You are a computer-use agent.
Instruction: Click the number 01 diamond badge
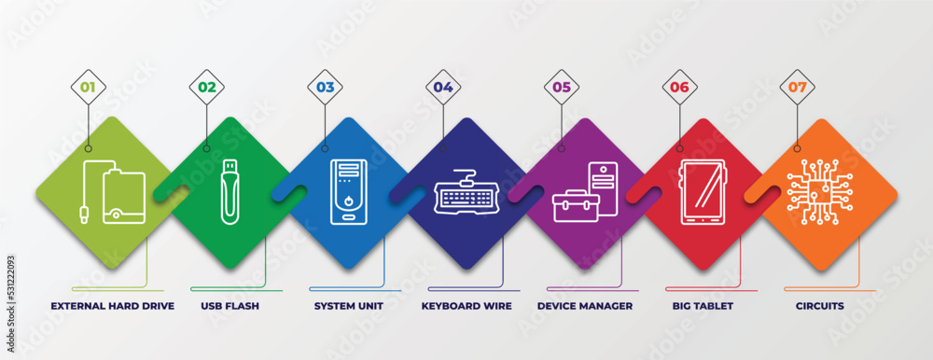pyautogui.click(x=89, y=88)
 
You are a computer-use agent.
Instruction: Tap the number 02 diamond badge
pyautogui.click(x=206, y=88)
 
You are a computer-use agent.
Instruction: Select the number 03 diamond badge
pyautogui.click(x=325, y=88)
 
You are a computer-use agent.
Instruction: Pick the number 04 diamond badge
pyautogui.click(x=443, y=88)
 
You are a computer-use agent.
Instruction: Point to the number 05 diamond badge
pyautogui.click(x=562, y=88)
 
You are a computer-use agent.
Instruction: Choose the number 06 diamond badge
pyautogui.click(x=679, y=88)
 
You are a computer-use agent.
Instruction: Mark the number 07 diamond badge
pyautogui.click(x=797, y=88)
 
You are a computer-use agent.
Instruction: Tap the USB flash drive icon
pyautogui.click(x=229, y=192)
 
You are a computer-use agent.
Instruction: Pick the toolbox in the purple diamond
pyautogui.click(x=570, y=205)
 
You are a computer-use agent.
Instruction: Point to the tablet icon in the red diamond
pyautogui.click(x=701, y=192)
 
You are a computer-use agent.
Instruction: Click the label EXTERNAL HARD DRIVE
pyautogui.click(x=112, y=306)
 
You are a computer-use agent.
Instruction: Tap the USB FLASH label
pyautogui.click(x=229, y=306)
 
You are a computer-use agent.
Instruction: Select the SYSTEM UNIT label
pyautogui.click(x=346, y=306)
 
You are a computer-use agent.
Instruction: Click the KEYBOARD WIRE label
pyautogui.click(x=466, y=306)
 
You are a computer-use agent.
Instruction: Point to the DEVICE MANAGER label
pyautogui.click(x=585, y=306)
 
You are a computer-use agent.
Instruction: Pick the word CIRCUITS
pyautogui.click(x=819, y=306)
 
